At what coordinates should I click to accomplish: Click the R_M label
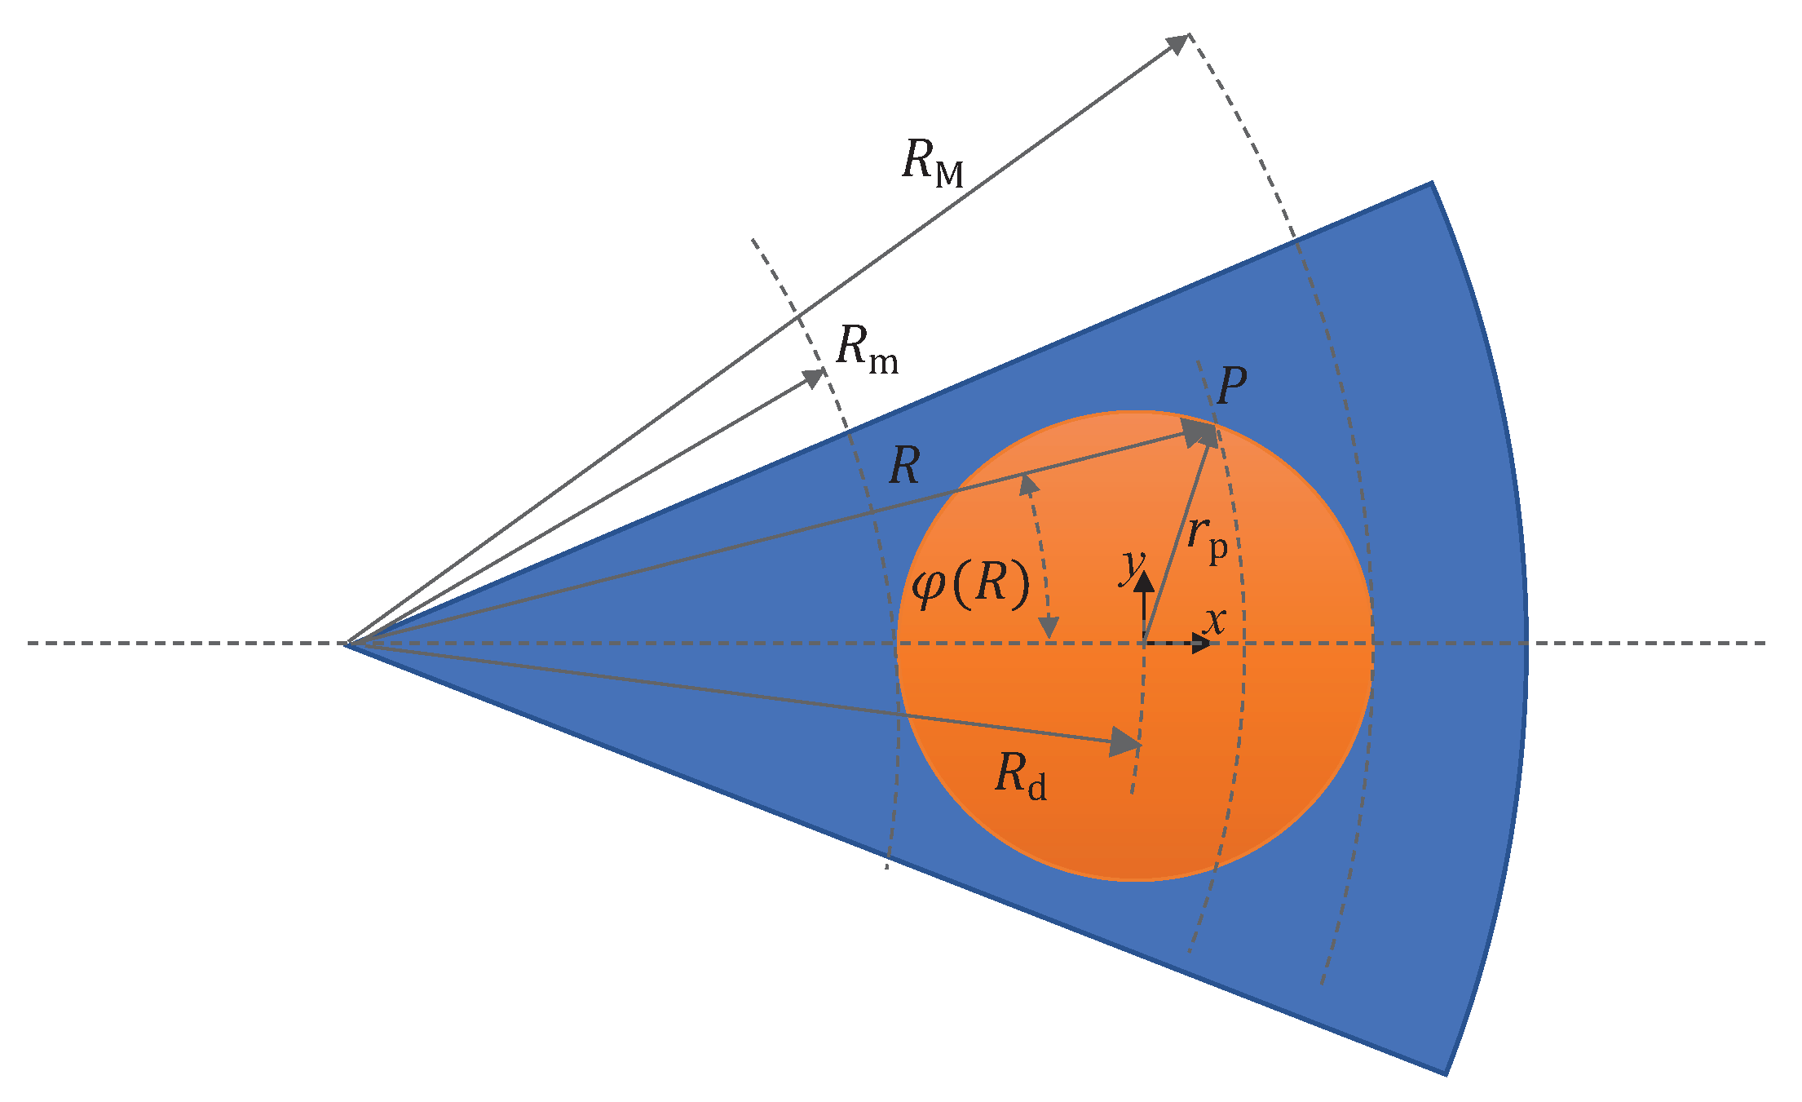pyautogui.click(x=933, y=162)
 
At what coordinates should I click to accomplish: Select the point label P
pyautogui.click(x=1231, y=386)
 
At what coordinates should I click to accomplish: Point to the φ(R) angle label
pyautogui.click(x=970, y=585)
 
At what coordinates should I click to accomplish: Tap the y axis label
pyautogui.click(x=1133, y=565)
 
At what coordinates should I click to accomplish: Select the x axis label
pyautogui.click(x=1215, y=621)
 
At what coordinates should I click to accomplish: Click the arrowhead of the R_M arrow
pyautogui.click(x=1178, y=43)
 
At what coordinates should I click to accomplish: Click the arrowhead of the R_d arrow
pyautogui.click(x=1126, y=742)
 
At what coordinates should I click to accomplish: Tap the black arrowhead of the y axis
pyautogui.click(x=1145, y=581)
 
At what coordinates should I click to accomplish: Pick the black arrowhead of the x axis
pyautogui.click(x=1201, y=644)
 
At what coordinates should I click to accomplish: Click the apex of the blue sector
pyautogui.click(x=346, y=644)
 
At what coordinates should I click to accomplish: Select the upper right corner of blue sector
pyautogui.click(x=1432, y=184)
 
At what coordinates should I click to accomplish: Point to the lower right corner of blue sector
pyautogui.click(x=1445, y=1074)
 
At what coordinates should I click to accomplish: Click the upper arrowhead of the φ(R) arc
pyautogui.click(x=1028, y=484)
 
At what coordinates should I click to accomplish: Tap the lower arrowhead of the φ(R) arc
pyautogui.click(x=1050, y=628)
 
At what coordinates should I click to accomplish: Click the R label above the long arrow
pyautogui.click(x=904, y=467)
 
